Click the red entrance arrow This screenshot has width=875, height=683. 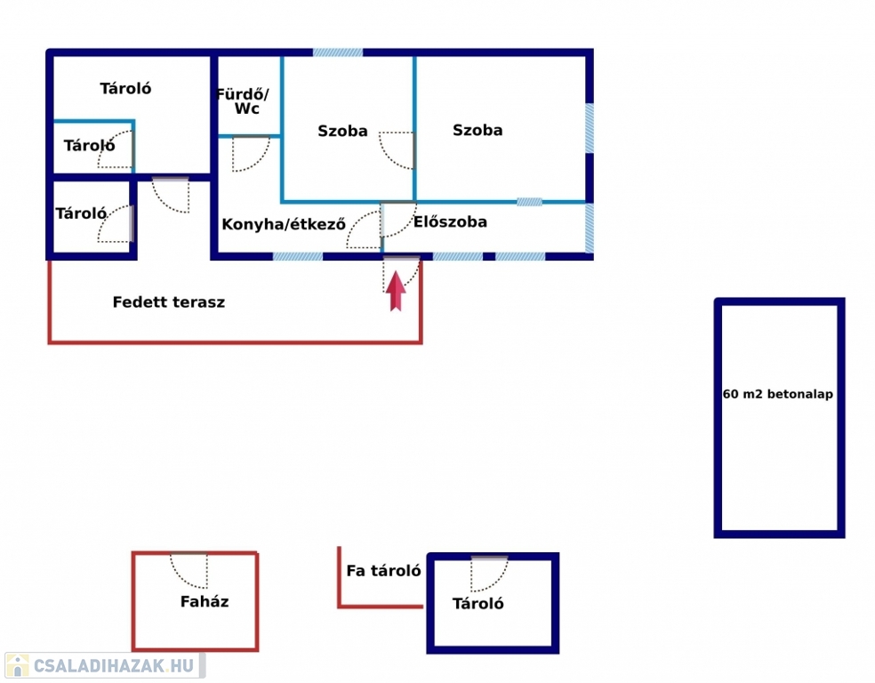click(x=396, y=291)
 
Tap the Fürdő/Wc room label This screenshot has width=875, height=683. click(x=244, y=101)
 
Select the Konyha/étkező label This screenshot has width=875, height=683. click(x=284, y=224)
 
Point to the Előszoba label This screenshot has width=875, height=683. click(x=450, y=222)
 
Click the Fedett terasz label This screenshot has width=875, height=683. click(x=169, y=301)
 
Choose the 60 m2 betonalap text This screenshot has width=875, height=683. click(x=777, y=394)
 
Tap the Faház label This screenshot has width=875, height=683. click(x=205, y=601)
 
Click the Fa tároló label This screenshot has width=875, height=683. click(x=383, y=570)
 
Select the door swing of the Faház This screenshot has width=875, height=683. click(x=189, y=570)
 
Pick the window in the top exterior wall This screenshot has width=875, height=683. click(x=338, y=52)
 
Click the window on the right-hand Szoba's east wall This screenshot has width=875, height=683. click(x=590, y=128)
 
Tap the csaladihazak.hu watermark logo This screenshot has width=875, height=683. click(x=105, y=665)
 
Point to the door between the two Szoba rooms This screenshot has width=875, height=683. click(x=397, y=150)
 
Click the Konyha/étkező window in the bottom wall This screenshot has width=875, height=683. click(x=297, y=257)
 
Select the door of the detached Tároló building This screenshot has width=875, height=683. click(x=489, y=574)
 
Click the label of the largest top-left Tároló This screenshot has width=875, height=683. click(x=125, y=88)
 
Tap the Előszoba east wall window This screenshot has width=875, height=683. click(x=590, y=228)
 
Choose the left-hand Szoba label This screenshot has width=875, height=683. click(x=342, y=131)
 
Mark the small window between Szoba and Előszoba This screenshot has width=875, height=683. click(x=529, y=202)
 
